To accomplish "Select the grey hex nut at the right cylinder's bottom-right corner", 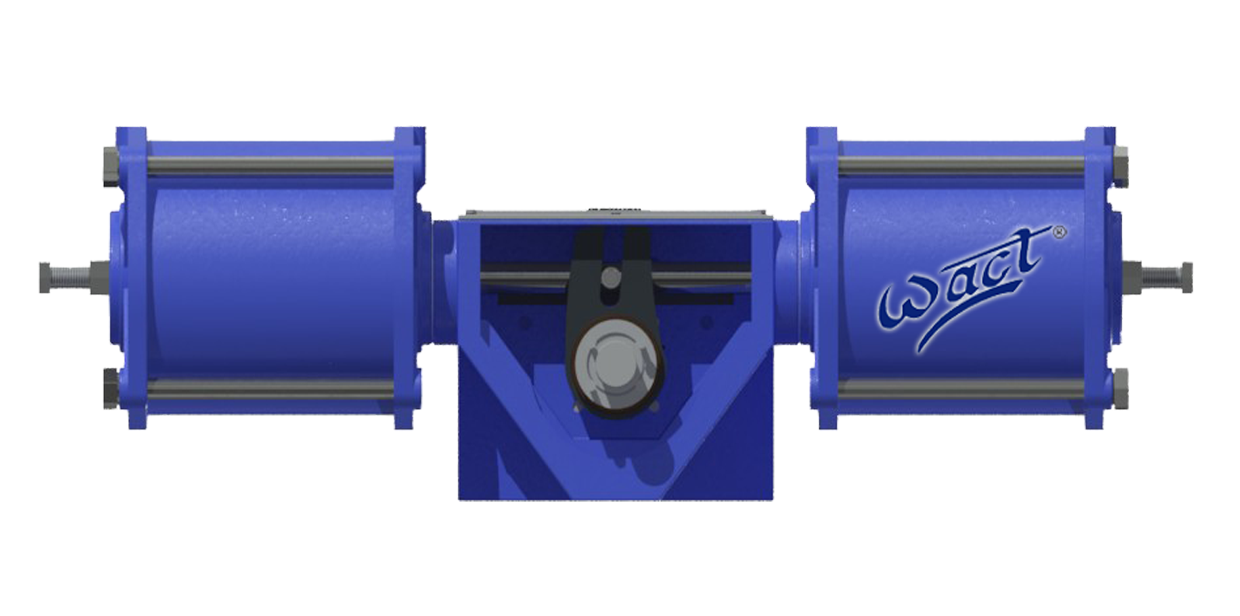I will coord(1121,388).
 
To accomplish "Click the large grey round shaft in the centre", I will coord(618,366).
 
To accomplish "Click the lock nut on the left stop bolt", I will coord(100,276).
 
